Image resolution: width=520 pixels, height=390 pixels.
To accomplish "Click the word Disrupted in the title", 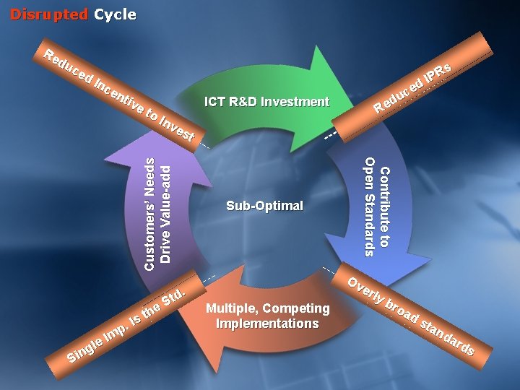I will tap(48, 14).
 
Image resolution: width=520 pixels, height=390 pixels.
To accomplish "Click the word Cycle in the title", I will tap(115, 14).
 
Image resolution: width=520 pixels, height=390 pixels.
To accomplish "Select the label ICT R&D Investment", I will tap(266, 102).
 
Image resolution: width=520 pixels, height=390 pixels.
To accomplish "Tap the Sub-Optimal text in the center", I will tap(264, 206).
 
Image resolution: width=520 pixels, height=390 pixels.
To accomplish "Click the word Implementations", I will tap(267, 324).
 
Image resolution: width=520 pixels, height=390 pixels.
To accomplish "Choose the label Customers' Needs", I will tap(149, 214).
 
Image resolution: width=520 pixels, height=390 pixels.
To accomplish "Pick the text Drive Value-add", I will tap(165, 214).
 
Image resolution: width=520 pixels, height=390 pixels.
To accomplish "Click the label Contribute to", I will tap(385, 207).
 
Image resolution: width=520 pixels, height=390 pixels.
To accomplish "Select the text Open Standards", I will tap(369, 207).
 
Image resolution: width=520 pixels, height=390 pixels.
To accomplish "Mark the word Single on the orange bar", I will tap(83, 349).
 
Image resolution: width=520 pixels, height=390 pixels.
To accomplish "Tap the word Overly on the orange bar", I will tap(363, 290).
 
